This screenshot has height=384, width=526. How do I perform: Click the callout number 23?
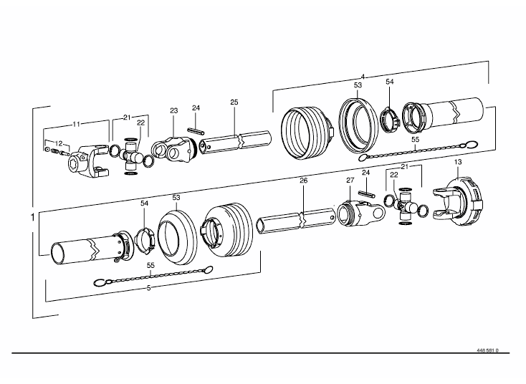point(173,110)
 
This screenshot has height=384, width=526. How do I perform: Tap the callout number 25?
point(234,102)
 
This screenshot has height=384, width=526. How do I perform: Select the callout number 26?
point(304,181)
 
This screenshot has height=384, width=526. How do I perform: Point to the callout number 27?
point(350,180)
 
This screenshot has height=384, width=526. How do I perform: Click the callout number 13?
point(458,162)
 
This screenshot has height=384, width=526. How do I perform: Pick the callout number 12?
point(59,143)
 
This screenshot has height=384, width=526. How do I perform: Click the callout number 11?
point(77,124)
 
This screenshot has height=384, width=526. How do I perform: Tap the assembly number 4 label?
point(363,77)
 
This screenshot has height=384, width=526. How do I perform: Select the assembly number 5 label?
point(149,288)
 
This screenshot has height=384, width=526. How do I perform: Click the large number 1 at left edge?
point(32,217)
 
